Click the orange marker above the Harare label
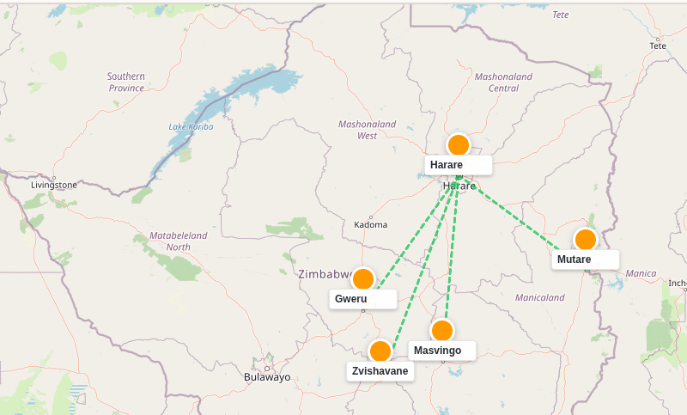459,145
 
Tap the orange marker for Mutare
586,240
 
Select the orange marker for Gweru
363,279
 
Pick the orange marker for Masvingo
442,331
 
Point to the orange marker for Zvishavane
380,351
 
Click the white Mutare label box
585,259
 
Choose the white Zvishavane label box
380,371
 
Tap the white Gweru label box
362,299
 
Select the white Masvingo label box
441,351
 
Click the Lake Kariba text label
191,127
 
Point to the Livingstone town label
54,185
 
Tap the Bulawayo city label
267,377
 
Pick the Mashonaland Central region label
503,82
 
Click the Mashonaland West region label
367,130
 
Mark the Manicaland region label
539,298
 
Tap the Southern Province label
126,82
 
